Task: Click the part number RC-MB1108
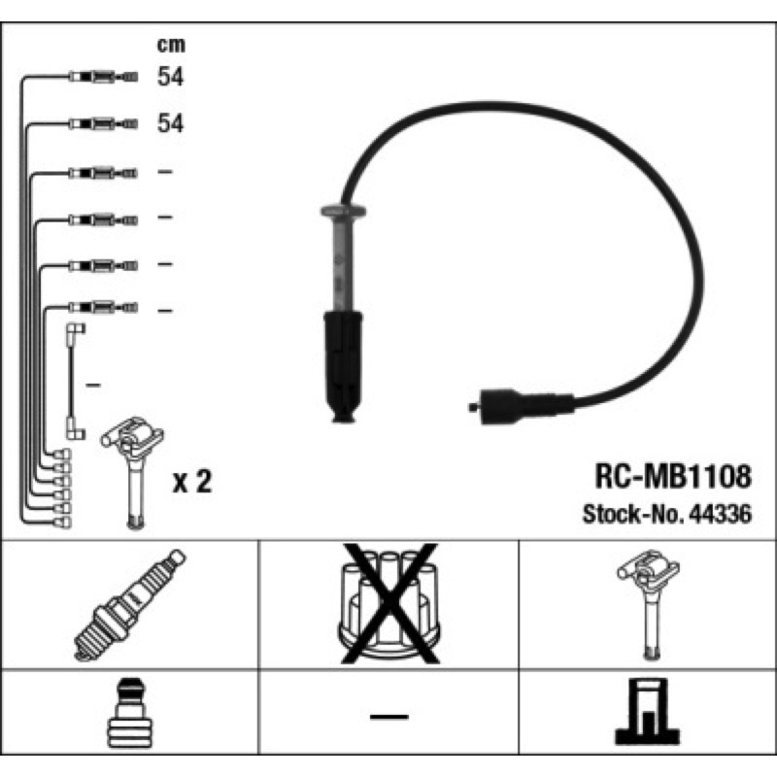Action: click(x=673, y=476)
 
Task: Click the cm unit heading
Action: click(x=171, y=45)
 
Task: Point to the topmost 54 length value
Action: click(x=170, y=77)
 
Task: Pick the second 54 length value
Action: click(x=170, y=123)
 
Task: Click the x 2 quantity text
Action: click(x=191, y=481)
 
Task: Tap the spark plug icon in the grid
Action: click(x=130, y=604)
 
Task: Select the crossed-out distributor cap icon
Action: click(x=389, y=603)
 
